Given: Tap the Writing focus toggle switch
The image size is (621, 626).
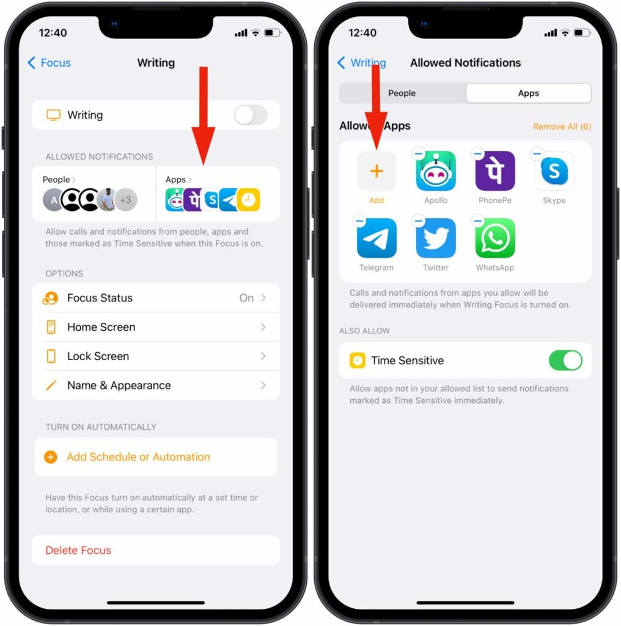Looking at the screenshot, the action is tap(250, 115).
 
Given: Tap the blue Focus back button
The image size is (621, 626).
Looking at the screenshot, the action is tap(49, 63).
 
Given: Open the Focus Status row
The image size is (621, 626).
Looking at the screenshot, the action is tap(156, 298).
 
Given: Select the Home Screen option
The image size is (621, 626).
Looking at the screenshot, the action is tap(156, 327).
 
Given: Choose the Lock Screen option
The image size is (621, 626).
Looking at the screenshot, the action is tap(156, 356).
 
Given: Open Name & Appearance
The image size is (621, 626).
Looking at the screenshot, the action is tap(156, 385).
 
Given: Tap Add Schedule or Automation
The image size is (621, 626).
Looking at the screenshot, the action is tap(138, 457).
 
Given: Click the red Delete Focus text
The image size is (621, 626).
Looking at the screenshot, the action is tap(78, 550).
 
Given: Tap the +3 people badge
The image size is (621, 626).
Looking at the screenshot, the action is tap(126, 200).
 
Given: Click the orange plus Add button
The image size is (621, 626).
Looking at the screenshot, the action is tap(377, 171).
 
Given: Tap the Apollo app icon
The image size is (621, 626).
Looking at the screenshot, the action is tap(435, 171).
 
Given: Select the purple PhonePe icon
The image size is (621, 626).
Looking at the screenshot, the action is tap(495, 171).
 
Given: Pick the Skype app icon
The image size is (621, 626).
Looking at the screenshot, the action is tap(554, 171).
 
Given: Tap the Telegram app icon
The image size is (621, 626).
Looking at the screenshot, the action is tap(377, 238).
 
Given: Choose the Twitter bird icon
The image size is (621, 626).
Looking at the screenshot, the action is tap(435, 238).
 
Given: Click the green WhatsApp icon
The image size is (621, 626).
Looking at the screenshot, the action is tap(495, 238).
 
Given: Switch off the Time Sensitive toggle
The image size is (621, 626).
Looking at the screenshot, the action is tap(565, 361).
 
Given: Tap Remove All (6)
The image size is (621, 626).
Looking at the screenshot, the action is tap(562, 127).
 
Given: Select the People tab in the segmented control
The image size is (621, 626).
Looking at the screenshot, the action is tap(402, 93).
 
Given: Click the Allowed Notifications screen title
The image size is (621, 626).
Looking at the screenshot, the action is tap(465, 63).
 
